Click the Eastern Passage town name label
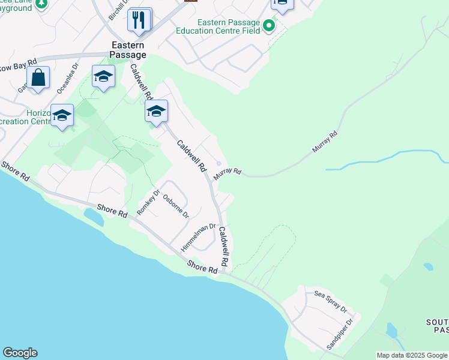pyautogui.click(x=127, y=49)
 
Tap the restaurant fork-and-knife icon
pyautogui.click(x=139, y=20)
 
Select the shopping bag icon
pyautogui.click(x=38, y=78)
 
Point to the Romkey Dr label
pyautogui.click(x=148, y=203)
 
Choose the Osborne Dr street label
pyautogui.click(x=176, y=206)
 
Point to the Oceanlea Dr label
pyautogui.click(x=67, y=79)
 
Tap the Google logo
pyautogui.click(x=20, y=353)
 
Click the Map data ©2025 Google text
pyautogui.click(x=412, y=355)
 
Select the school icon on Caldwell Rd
pyautogui.click(x=156, y=112)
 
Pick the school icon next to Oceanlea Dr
pyautogui.click(x=103, y=76)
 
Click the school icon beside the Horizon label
pyautogui.click(x=62, y=115)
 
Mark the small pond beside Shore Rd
pyautogui.click(x=94, y=217)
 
